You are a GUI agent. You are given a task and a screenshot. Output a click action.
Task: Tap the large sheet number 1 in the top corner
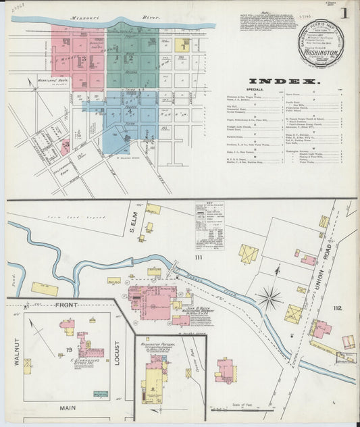(x=345, y=13)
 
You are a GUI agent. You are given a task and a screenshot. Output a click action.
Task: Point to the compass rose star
(x=269, y=295)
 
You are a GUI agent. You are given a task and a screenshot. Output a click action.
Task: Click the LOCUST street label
(x=115, y=352)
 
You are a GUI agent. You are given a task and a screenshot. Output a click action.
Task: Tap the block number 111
(x=199, y=257)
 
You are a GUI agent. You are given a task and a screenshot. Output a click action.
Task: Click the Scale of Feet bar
(x=242, y=408)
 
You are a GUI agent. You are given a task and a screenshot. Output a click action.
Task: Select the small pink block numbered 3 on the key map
(x=65, y=144)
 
